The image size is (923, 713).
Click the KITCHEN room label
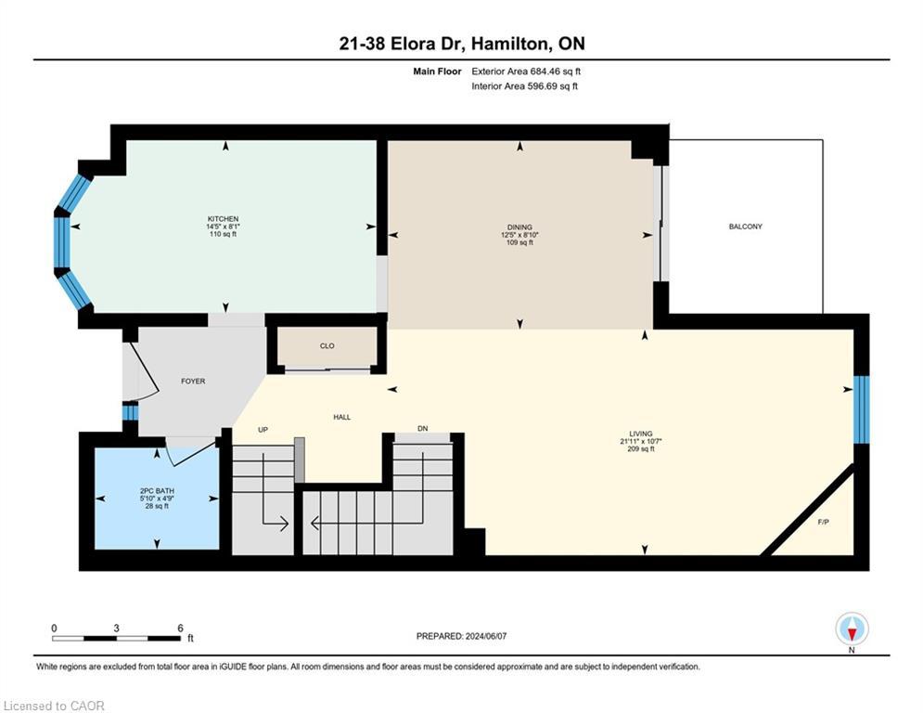(x=223, y=218)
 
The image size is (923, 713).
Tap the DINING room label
(x=519, y=227)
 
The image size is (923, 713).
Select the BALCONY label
(x=745, y=227)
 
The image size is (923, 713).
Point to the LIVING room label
(x=640, y=434)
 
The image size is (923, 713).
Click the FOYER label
(x=193, y=382)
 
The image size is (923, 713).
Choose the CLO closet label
(x=327, y=346)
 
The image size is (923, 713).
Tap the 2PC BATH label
(x=157, y=491)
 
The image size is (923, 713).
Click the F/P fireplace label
(x=823, y=522)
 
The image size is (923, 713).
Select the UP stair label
(x=263, y=430)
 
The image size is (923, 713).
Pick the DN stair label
(x=423, y=428)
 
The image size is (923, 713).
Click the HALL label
(x=342, y=417)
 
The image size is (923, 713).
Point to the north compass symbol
(x=852, y=629)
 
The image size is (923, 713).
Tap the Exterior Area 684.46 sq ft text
(x=526, y=71)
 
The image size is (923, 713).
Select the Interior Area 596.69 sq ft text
(x=524, y=86)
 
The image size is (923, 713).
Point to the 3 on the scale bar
(x=117, y=629)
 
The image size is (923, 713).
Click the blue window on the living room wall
(x=861, y=409)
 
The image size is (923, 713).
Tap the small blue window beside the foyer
(x=130, y=411)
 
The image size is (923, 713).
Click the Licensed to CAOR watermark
(x=54, y=706)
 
